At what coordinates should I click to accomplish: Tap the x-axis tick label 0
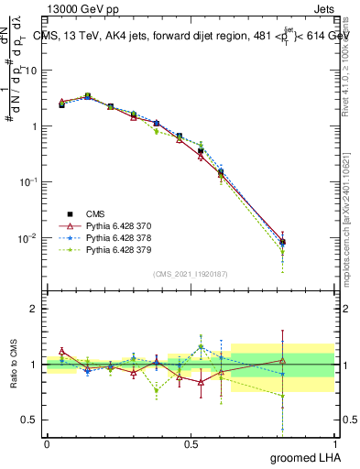(x=47, y=442)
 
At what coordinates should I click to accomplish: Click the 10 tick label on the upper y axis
(x=31, y=71)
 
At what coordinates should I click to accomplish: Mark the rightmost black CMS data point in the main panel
(x=282, y=243)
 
